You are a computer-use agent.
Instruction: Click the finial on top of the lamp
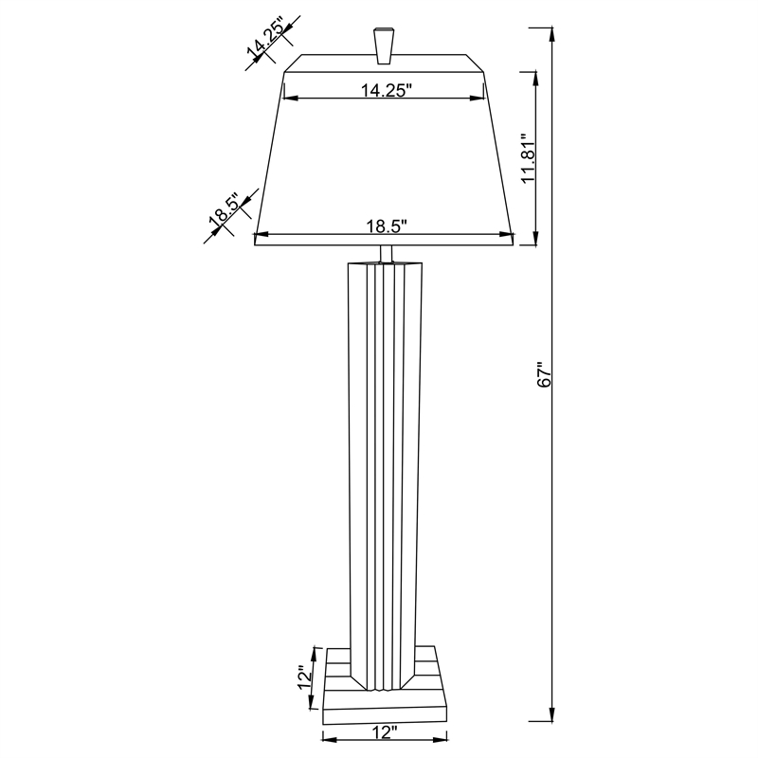(384, 45)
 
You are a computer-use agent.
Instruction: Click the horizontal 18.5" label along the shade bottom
(386, 226)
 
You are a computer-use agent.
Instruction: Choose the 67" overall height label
(543, 373)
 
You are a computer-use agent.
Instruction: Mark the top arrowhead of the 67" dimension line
(550, 34)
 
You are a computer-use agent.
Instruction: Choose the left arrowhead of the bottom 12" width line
(328, 738)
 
